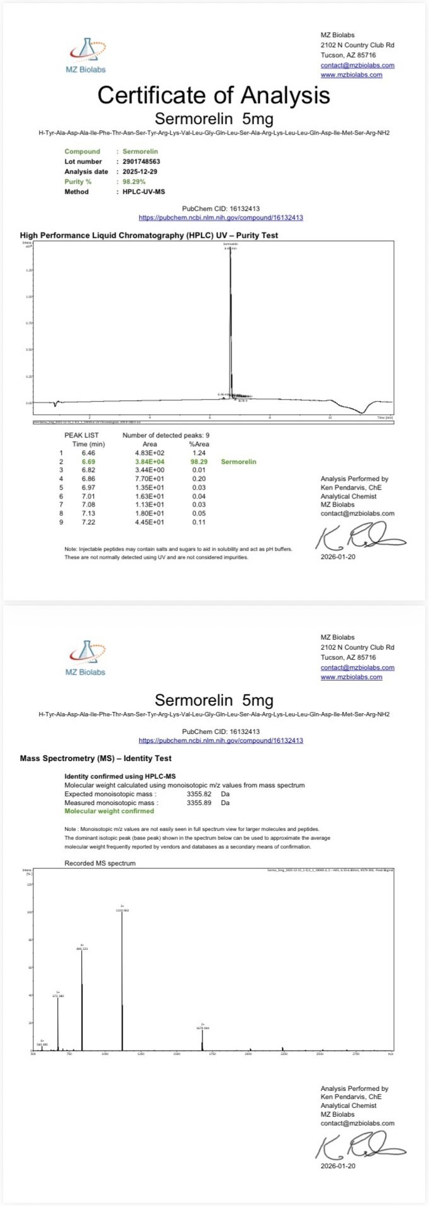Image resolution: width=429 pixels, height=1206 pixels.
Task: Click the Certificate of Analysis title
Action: pyautogui.click(x=213, y=95)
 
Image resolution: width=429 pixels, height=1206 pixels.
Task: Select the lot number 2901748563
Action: pyautogui.click(x=142, y=162)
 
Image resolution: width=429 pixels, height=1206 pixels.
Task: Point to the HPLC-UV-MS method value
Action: pyautogui.click(x=143, y=192)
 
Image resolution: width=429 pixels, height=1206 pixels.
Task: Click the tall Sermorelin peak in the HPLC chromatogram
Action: pyautogui.click(x=230, y=315)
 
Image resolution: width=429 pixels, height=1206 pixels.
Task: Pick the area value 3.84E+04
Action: pyautogui.click(x=150, y=462)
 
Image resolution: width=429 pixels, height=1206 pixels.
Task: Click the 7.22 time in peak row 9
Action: pyautogui.click(x=88, y=522)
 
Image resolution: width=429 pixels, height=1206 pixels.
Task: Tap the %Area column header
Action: pyautogui.click(x=199, y=444)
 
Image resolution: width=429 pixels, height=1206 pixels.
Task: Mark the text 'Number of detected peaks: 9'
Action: pyautogui.click(x=166, y=436)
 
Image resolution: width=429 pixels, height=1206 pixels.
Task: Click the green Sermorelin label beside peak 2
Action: pyautogui.click(x=238, y=462)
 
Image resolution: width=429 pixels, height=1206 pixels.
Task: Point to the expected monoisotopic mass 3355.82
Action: pyautogui.click(x=199, y=794)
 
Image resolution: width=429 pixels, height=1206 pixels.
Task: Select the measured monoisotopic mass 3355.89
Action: pyautogui.click(x=199, y=803)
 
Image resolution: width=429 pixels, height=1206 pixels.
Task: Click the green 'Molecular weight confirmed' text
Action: pyautogui.click(x=109, y=811)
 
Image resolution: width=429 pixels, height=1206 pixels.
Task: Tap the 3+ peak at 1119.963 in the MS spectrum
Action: pyautogui.click(x=122, y=976)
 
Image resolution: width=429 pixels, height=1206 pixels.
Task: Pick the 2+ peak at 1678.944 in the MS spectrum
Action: pyautogui.click(x=203, y=1039)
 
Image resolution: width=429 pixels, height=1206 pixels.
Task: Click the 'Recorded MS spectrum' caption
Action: pyautogui.click(x=100, y=864)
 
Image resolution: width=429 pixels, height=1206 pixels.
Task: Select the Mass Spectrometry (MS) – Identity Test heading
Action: pyautogui.click(x=96, y=758)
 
